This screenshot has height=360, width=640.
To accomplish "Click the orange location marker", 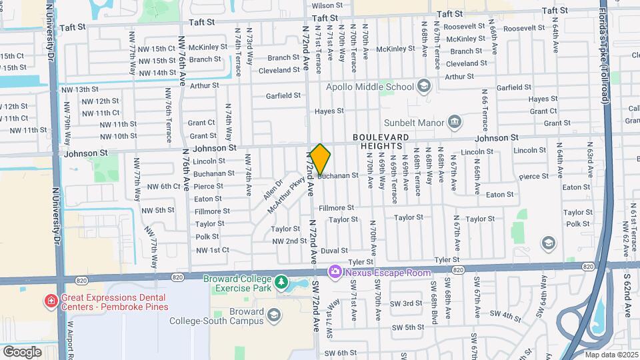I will click(321, 159).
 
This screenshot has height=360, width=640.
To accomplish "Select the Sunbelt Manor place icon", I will click(455, 121).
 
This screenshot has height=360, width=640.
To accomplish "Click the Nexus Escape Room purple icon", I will click(333, 271).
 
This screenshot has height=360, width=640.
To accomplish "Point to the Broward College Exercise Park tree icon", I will click(282, 283).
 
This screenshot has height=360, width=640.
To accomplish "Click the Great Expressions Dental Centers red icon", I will click(51, 301).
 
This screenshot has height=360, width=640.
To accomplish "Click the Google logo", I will click(22, 351).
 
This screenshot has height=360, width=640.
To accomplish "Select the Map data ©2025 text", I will click(611, 355).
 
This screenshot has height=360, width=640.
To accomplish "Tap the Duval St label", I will click(334, 251).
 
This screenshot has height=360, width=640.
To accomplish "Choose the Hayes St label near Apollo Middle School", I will click(329, 111).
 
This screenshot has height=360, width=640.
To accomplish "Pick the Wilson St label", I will click(327, 5).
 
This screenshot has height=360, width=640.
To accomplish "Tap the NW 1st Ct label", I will click(212, 250).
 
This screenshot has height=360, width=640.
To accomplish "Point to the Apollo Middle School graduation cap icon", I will click(423, 86).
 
